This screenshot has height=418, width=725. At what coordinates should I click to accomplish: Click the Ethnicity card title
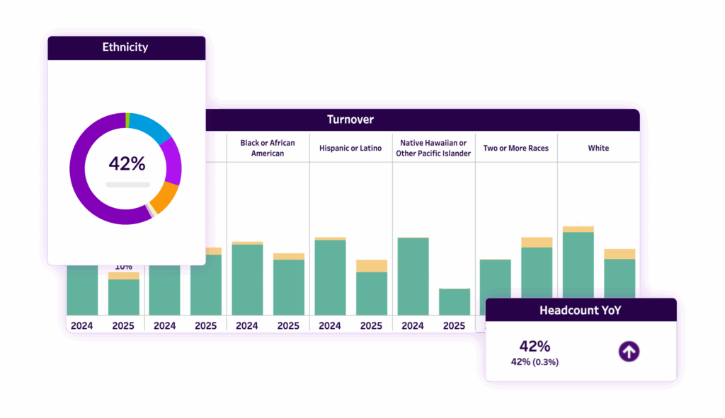pyautogui.click(x=126, y=48)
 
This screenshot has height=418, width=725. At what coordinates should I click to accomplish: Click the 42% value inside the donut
pyautogui.click(x=127, y=164)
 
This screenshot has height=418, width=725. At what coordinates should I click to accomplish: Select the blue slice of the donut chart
pyautogui.click(x=151, y=125)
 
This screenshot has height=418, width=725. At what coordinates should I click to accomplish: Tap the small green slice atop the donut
pyautogui.click(x=127, y=120)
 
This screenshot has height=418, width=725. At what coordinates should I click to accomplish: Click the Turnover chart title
pyautogui.click(x=350, y=120)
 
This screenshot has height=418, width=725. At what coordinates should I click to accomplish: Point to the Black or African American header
pyautogui.click(x=268, y=148)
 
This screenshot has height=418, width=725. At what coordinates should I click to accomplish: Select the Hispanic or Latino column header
pyautogui.click(x=350, y=148)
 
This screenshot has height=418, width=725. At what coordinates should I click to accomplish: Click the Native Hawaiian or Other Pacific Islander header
pyautogui.click(x=433, y=148)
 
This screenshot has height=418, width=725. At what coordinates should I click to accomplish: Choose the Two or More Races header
pyautogui.click(x=516, y=148)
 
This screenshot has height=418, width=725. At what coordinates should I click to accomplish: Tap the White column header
pyautogui.click(x=598, y=148)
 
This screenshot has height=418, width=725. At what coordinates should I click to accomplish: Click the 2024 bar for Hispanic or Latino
pyautogui.click(x=330, y=277)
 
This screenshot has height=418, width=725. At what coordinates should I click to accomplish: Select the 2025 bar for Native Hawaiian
pyautogui.click(x=455, y=302)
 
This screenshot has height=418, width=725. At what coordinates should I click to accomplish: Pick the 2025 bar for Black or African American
pyautogui.click(x=289, y=286)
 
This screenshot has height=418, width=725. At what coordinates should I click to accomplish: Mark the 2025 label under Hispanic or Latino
pyautogui.click(x=371, y=326)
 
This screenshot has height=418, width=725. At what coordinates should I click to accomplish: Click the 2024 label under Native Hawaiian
pyautogui.click(x=413, y=326)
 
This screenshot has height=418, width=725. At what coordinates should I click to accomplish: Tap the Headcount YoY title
pyautogui.click(x=581, y=310)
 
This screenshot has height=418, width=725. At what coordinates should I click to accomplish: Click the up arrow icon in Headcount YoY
pyautogui.click(x=629, y=351)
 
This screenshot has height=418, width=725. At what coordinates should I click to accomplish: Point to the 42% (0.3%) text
pyautogui.click(x=535, y=362)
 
